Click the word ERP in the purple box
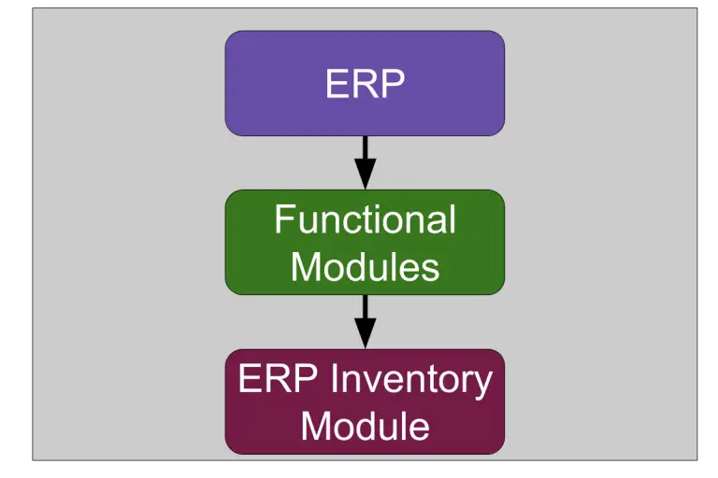[365, 83]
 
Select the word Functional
[365, 219]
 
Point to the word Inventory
[410, 381]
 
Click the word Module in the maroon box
[365, 426]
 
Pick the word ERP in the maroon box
[278, 378]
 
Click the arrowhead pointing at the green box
[365, 174]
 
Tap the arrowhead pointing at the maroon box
[365, 333]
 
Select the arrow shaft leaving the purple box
[365, 148]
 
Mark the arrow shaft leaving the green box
[365, 306]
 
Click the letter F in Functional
[284, 219]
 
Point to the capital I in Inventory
[333, 378]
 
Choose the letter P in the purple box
[394, 83]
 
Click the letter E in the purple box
[337, 83]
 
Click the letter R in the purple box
[365, 83]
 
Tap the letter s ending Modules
[431, 270]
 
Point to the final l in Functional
[452, 219]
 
